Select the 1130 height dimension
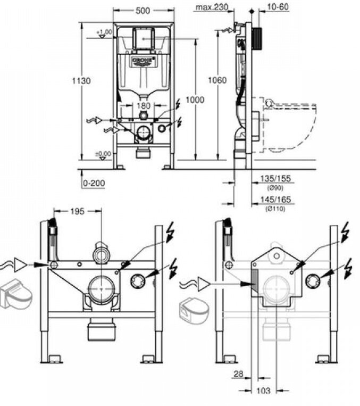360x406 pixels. [x=81, y=81]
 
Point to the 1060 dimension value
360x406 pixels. [x=217, y=80]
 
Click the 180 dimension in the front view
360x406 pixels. [x=143, y=106]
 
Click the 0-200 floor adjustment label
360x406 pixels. [x=94, y=183]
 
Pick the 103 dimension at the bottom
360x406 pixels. [x=263, y=391]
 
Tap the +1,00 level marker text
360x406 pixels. [x=105, y=32]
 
